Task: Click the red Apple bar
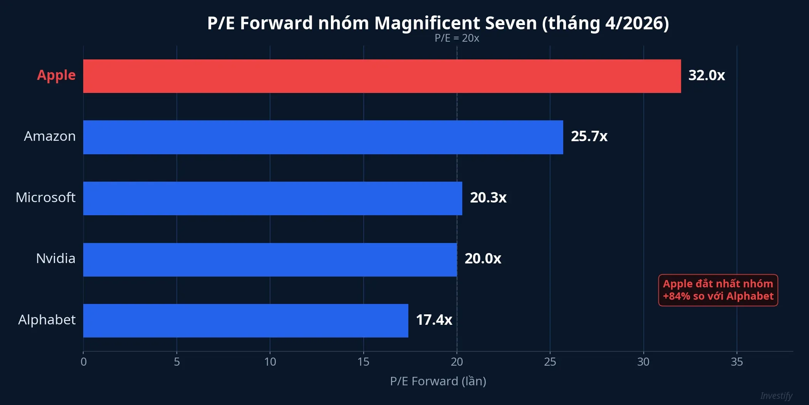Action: click(381, 76)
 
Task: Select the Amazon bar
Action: click(323, 137)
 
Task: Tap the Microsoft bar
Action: click(272, 198)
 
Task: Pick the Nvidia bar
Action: click(270, 260)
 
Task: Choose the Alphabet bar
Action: click(245, 321)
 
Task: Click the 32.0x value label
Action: click(707, 75)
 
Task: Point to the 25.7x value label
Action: click(589, 136)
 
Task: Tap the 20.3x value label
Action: click(488, 197)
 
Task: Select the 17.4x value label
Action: click(434, 320)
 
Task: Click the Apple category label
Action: click(56, 75)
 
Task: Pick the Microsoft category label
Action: click(45, 197)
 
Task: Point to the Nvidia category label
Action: click(55, 258)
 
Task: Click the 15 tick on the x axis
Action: click(363, 362)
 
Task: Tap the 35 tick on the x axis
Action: click(737, 362)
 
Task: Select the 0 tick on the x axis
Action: click(84, 362)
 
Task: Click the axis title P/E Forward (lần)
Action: click(438, 381)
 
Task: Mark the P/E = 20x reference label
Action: click(457, 38)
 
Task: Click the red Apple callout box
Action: click(718, 290)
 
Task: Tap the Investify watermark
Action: click(776, 396)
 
